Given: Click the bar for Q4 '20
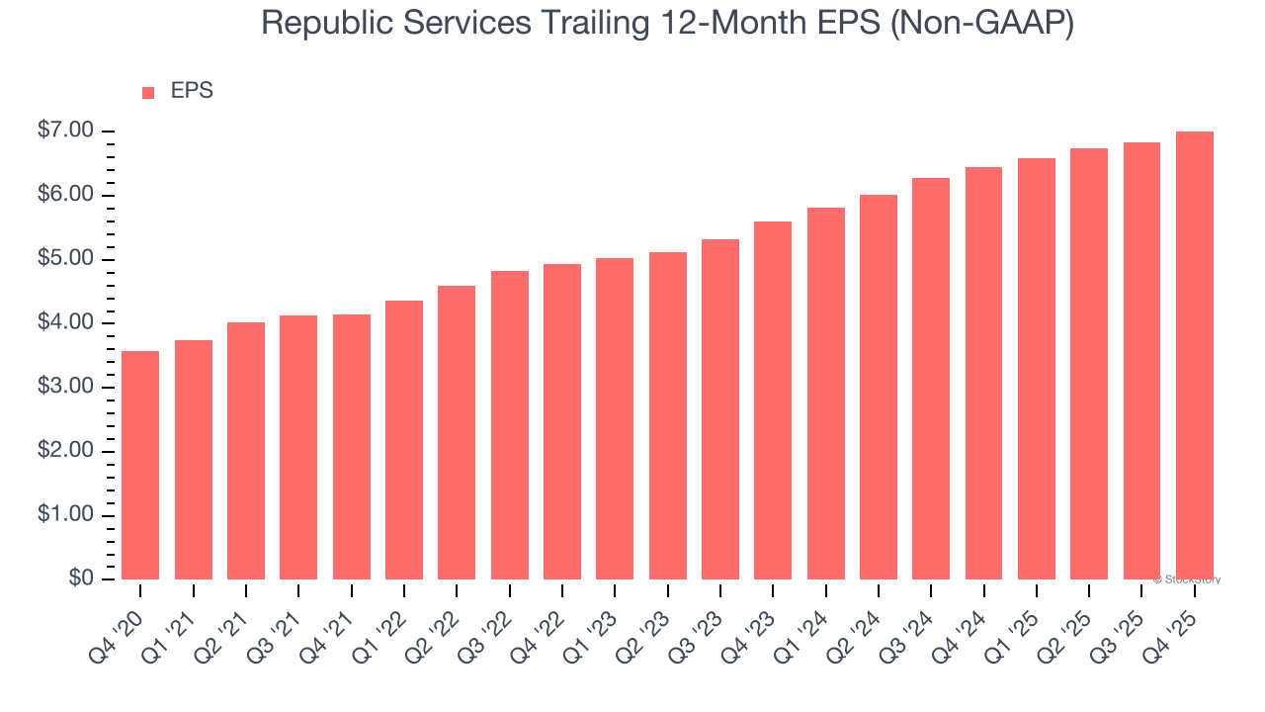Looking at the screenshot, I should pyautogui.click(x=140, y=465).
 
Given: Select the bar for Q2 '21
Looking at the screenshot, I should pyautogui.click(x=246, y=450).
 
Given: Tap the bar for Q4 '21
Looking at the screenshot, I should pyautogui.click(x=351, y=446).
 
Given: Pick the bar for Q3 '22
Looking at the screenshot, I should pyautogui.click(x=509, y=424).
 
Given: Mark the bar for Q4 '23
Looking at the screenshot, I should pyautogui.click(x=773, y=400).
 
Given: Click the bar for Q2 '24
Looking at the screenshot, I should pyautogui.click(x=879, y=387).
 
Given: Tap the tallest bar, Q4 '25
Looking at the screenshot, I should pyautogui.click(x=1195, y=355).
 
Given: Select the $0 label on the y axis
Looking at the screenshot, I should pyautogui.click(x=81, y=579).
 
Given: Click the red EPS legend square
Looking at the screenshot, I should pyautogui.click(x=148, y=93).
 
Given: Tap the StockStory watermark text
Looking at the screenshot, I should pyautogui.click(x=1187, y=579).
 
